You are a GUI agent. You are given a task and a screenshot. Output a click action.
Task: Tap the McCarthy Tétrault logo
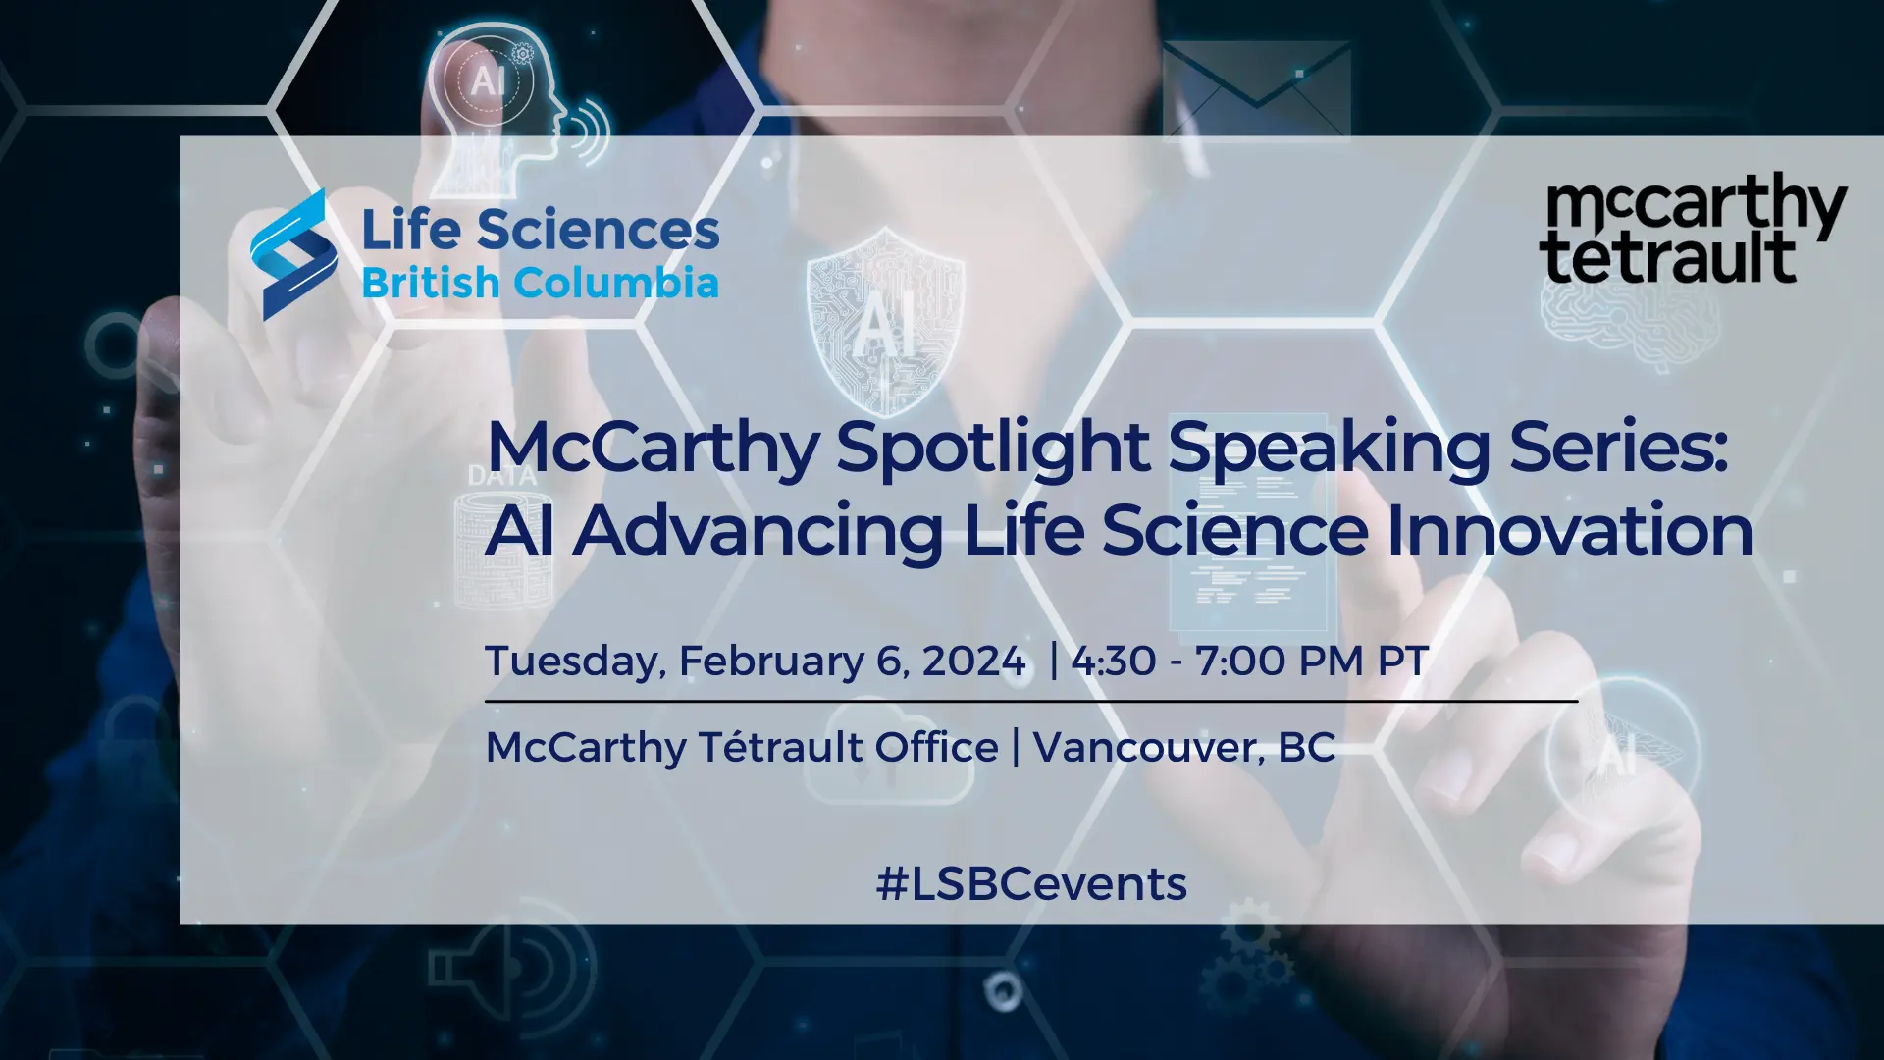[1693, 230]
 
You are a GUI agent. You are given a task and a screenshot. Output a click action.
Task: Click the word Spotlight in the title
[992, 450]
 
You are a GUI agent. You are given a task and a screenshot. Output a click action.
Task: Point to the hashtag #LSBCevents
[1031, 884]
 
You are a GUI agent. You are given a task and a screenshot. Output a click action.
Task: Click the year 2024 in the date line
[973, 661]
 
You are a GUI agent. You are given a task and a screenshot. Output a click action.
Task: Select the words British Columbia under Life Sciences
[541, 283]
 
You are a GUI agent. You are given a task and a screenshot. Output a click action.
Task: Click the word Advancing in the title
[757, 531]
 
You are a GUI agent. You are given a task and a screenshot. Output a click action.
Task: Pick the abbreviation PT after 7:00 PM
[1403, 661]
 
